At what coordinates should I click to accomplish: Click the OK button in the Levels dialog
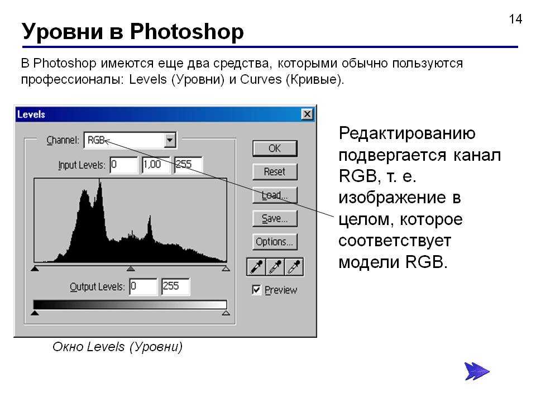[275, 149]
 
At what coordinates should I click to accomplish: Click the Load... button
[275, 195]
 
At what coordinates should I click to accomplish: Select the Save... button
[275, 218]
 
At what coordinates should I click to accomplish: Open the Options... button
[275, 242]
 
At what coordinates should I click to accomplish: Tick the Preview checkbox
[256, 290]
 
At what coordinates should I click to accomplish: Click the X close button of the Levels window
[307, 114]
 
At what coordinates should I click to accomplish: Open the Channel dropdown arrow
[170, 140]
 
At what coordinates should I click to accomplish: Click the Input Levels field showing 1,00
[156, 165]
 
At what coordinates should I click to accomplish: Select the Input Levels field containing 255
[188, 165]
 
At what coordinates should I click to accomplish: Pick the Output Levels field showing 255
[175, 286]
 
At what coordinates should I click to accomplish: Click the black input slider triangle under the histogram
[35, 269]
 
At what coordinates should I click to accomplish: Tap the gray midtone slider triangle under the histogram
[131, 269]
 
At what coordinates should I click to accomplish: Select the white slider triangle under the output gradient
[226, 313]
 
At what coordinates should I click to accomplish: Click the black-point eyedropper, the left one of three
[256, 267]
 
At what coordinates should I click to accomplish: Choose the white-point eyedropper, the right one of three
[294, 267]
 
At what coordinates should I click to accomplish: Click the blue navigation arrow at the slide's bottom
[476, 371]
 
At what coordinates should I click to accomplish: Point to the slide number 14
[515, 19]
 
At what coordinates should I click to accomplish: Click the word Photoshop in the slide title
[186, 32]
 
